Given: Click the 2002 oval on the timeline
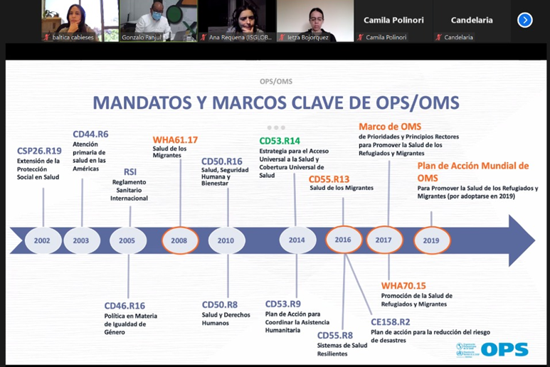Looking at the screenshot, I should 43,240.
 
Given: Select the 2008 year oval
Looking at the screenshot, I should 179,240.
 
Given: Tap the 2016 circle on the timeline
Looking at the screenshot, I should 344,240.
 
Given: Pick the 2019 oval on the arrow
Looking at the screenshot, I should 431,240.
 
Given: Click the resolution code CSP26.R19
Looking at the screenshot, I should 40,150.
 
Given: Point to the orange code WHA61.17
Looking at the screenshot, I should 175,139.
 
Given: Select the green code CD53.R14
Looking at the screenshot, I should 280,141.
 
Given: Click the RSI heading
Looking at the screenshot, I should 130,171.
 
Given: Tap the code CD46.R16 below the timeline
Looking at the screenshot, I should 125,306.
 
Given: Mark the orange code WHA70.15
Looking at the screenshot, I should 403,286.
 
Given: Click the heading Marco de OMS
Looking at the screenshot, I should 390,127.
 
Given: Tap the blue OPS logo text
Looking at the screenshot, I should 504,349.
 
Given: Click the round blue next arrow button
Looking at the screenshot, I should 525,20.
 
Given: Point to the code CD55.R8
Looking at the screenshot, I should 335,336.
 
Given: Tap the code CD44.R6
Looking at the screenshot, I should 90,134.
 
